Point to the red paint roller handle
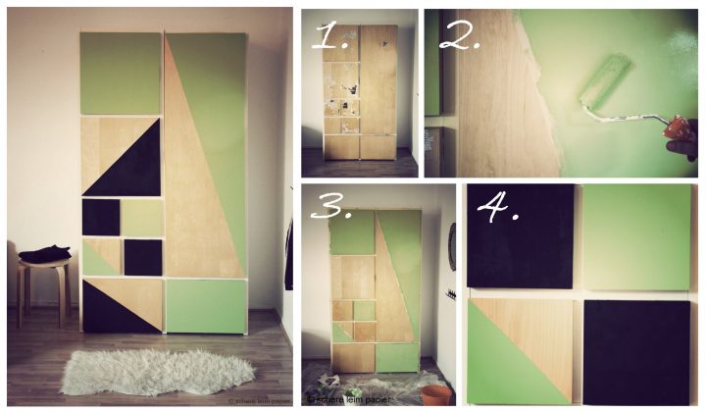(678, 128)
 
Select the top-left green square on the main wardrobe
(120, 74)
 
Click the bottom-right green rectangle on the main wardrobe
(205, 306)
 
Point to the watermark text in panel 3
(349, 399)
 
